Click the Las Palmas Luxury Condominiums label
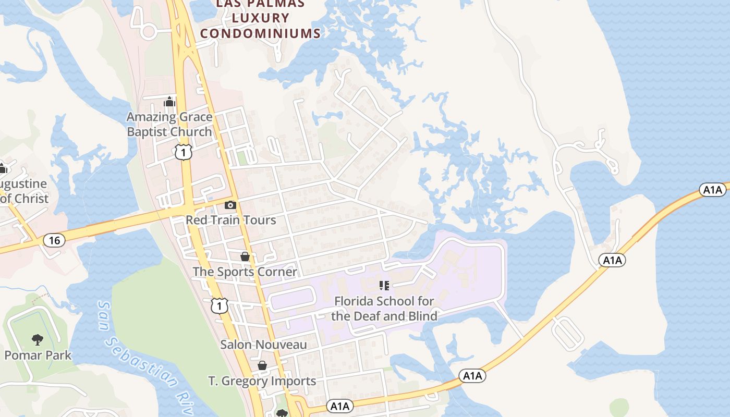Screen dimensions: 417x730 pos(260,19)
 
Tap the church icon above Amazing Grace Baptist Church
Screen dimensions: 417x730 pos(169,102)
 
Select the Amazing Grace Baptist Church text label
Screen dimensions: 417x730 pos(169,125)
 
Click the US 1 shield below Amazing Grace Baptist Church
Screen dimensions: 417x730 pos(184,152)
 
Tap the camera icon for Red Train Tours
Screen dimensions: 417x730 pos(230,205)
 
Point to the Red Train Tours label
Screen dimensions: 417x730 pos(231,220)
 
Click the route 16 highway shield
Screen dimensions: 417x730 pos(54,240)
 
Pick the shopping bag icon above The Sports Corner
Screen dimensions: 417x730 pos(245,256)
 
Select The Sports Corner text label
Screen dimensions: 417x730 pos(245,272)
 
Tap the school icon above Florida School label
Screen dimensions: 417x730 pos(384,286)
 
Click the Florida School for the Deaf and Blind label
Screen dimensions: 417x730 pos(384,309)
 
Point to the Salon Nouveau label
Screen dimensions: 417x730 pos(263,345)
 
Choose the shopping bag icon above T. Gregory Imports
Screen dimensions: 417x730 pos(262,365)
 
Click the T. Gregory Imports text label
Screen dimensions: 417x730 pos(262,381)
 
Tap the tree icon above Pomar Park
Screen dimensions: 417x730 pos(37,340)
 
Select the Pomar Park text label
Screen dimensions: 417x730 pos(38,355)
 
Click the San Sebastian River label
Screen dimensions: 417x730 pos(146,360)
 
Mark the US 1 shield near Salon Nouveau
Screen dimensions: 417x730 pos(220,305)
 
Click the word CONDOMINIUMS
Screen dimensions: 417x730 pos(260,33)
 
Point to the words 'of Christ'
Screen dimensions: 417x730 pos(25,199)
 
